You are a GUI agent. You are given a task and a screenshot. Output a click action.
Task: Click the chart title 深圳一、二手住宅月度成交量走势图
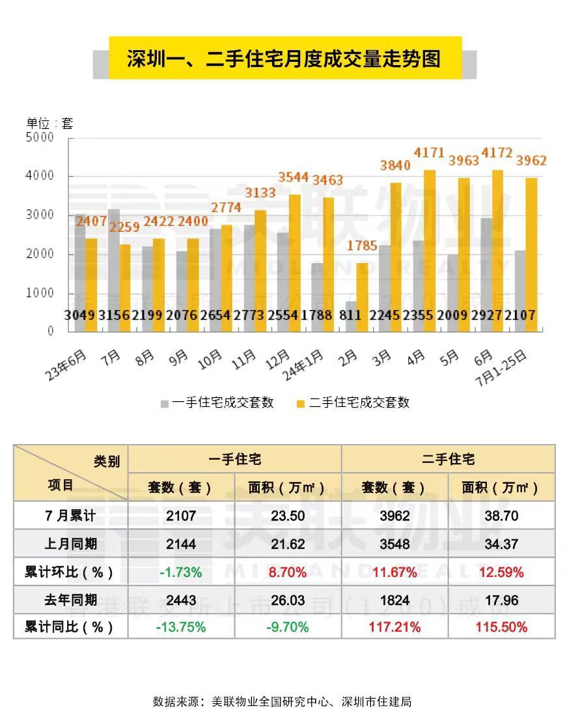[x=284, y=59]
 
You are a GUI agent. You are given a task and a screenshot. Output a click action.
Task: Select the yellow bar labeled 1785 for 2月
[x=361, y=297]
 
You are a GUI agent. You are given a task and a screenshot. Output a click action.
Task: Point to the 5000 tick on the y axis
[x=40, y=137]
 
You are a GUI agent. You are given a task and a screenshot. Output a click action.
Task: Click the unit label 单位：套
[x=49, y=123]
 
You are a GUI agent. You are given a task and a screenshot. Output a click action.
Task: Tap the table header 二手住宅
[x=448, y=459]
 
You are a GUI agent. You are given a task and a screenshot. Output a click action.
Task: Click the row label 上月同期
[x=70, y=544]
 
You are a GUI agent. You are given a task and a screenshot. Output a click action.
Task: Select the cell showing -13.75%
[x=181, y=627]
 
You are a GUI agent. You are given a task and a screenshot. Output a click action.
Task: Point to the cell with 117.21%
[x=395, y=627]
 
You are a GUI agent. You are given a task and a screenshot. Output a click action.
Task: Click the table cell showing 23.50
[x=287, y=516]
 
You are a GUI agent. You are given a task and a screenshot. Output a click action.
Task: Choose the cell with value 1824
[x=395, y=600]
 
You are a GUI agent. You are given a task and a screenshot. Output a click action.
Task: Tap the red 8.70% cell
[x=287, y=572]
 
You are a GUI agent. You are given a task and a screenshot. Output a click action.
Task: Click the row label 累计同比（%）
[x=70, y=627]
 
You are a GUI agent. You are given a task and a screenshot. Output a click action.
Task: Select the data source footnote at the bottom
[x=282, y=701]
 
